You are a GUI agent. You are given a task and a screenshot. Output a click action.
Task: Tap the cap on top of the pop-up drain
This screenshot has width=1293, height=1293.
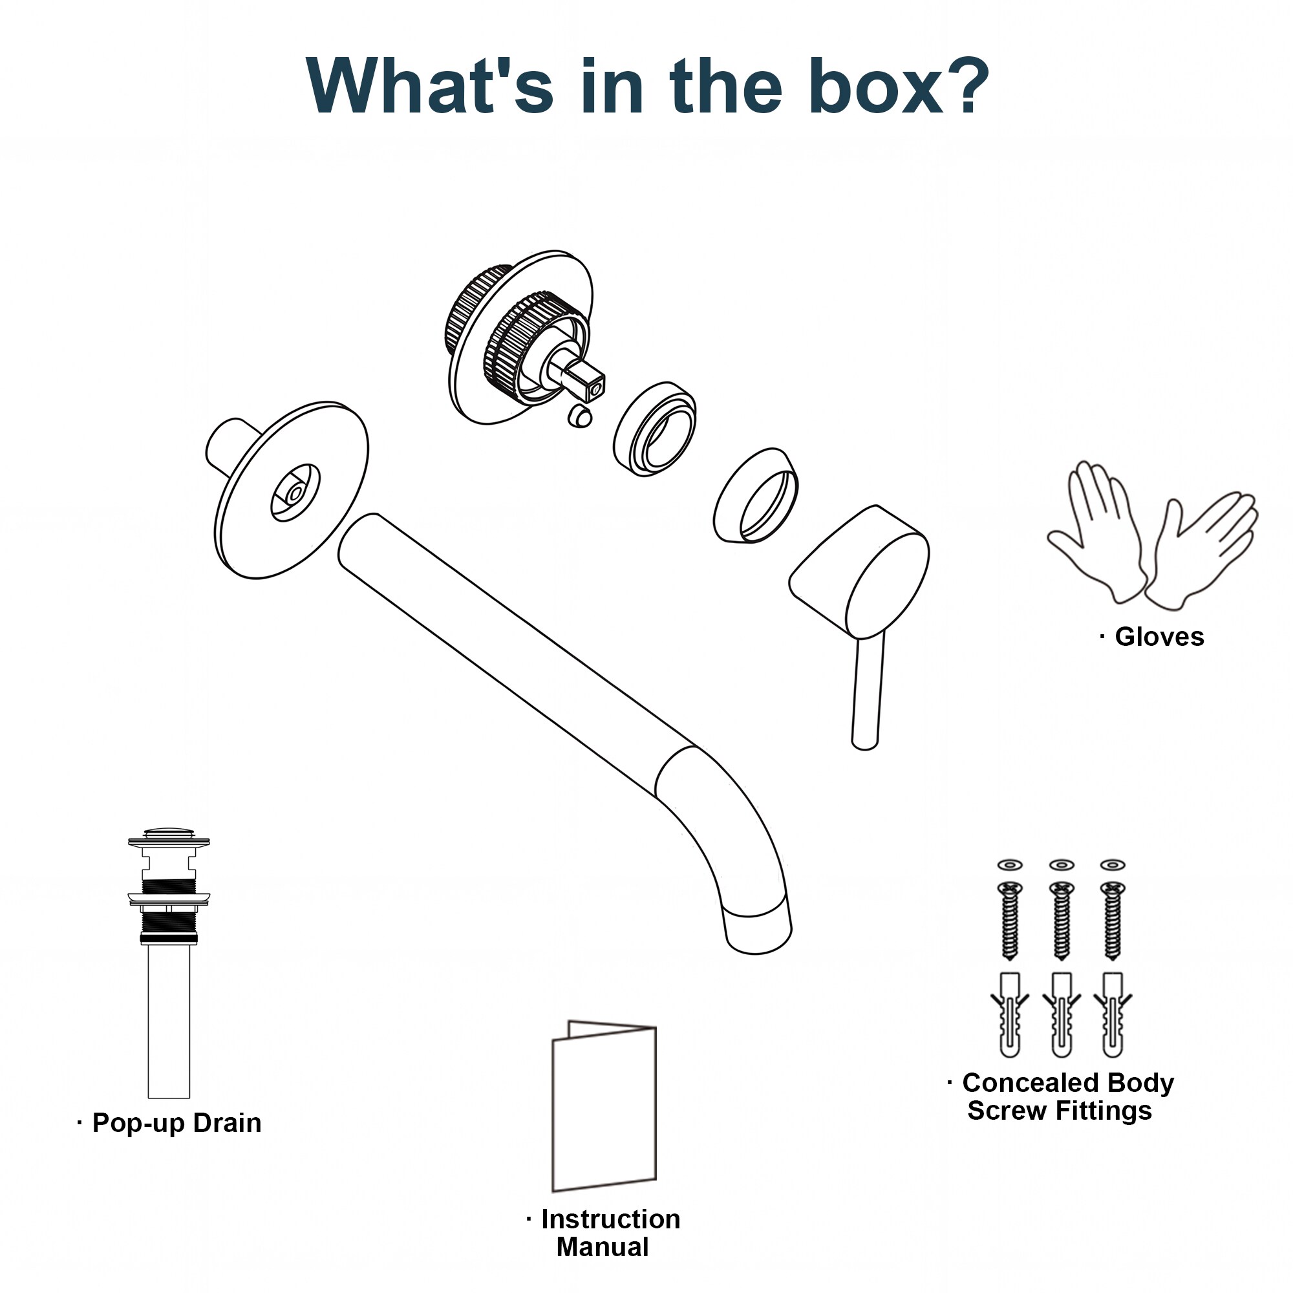(x=169, y=835)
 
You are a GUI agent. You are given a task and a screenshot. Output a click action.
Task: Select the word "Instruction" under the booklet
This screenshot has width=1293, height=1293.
(x=610, y=1219)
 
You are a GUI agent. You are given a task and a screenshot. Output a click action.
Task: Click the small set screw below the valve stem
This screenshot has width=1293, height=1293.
(x=578, y=416)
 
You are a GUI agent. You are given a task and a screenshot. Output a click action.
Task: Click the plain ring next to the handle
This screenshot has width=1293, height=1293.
(x=756, y=495)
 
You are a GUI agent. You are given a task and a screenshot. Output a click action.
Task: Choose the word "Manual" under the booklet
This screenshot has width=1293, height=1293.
(x=603, y=1247)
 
